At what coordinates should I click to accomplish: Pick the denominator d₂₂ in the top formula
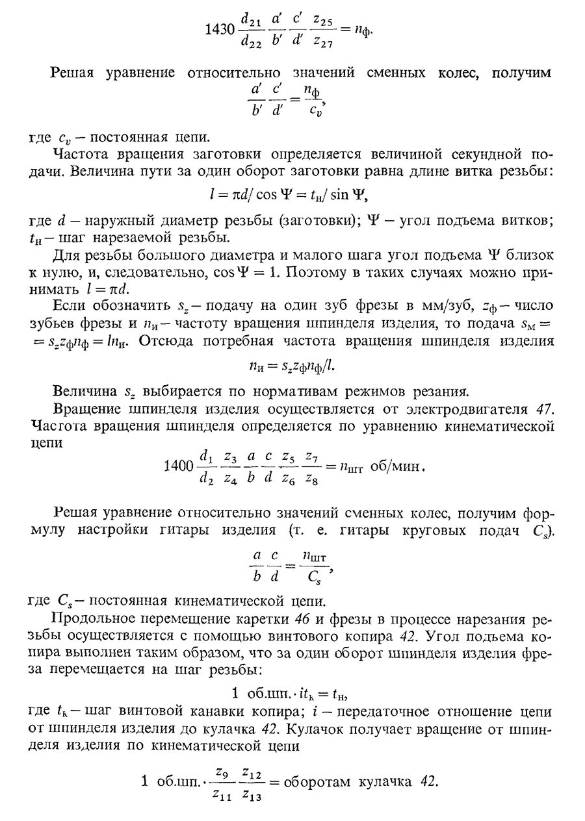[251, 42]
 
